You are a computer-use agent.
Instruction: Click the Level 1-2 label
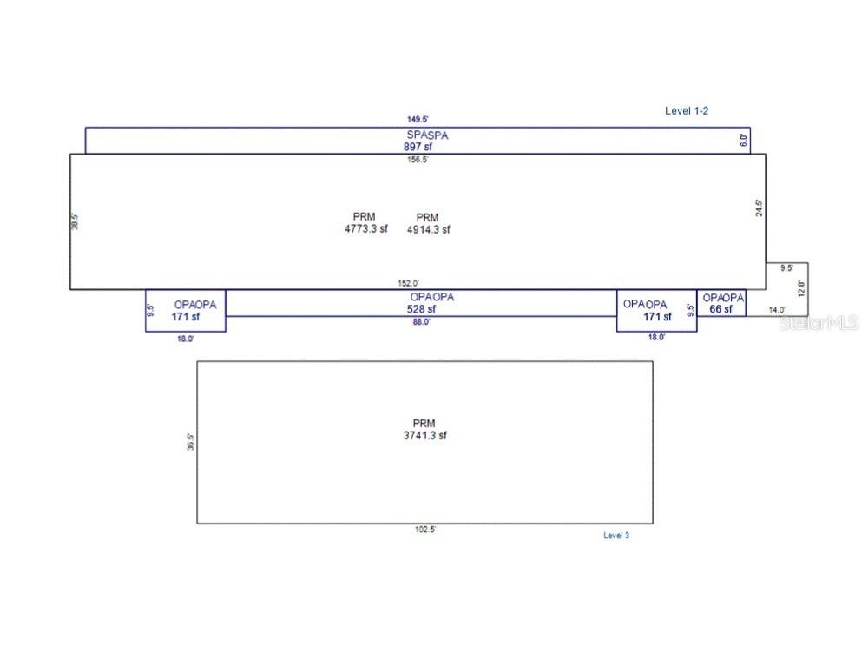[x=688, y=111]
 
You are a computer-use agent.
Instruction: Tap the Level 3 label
[x=616, y=536]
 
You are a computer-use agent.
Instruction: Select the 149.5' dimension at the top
[x=418, y=120]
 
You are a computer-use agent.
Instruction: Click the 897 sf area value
[x=417, y=148]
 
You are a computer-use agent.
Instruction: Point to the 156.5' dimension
[x=418, y=160]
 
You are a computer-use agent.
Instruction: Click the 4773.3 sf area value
[x=366, y=230]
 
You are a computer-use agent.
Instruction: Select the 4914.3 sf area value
[x=429, y=230]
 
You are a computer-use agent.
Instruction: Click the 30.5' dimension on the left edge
[x=76, y=221]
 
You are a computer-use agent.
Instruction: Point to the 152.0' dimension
[x=409, y=283]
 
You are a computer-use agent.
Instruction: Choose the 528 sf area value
[x=421, y=309]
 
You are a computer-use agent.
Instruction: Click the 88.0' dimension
[x=421, y=322]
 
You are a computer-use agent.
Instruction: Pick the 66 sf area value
[x=721, y=309]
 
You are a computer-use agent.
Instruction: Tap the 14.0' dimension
[x=777, y=310]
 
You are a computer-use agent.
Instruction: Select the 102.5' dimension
[x=424, y=529]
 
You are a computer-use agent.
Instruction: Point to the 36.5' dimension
[x=190, y=441]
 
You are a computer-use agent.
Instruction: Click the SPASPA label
[x=428, y=135]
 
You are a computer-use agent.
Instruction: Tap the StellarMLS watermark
[x=819, y=323]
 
